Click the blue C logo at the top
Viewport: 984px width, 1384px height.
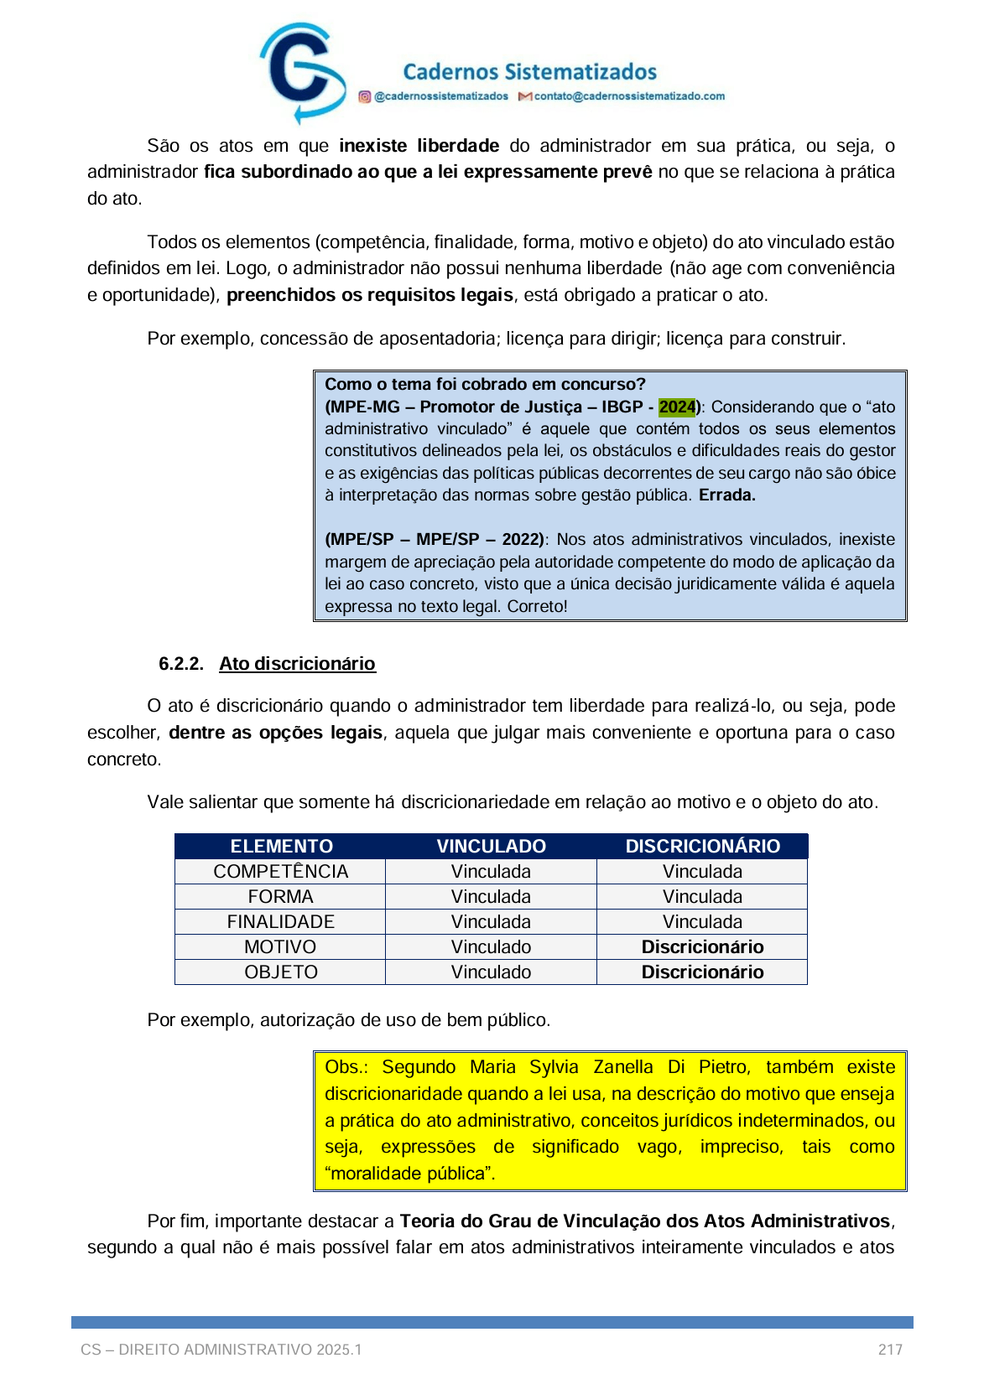click(x=300, y=72)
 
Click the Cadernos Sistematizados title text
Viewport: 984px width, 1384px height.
click(x=529, y=72)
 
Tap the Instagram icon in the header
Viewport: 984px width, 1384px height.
click(x=365, y=96)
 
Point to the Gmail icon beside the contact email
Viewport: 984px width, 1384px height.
click(x=525, y=96)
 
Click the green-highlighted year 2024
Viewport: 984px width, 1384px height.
click(x=677, y=407)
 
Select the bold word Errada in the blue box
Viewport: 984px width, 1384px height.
click(x=726, y=495)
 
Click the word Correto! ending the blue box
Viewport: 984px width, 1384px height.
click(x=537, y=606)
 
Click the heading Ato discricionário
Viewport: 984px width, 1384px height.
click(x=297, y=663)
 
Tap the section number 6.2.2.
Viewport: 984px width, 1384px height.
click(x=181, y=664)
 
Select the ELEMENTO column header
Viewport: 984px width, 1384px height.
click(x=281, y=846)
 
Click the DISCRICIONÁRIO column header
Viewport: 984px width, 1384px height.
click(x=702, y=846)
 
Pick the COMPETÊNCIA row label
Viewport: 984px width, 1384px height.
click(x=280, y=871)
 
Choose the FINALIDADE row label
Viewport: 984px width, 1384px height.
click(x=280, y=921)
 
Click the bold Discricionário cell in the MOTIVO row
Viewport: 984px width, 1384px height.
click(x=702, y=946)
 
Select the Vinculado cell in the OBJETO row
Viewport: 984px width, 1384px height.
click(x=491, y=972)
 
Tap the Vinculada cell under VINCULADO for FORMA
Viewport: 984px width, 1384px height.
click(x=491, y=896)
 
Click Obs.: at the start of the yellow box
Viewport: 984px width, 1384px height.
click(x=346, y=1067)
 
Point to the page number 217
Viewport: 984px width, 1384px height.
click(x=890, y=1350)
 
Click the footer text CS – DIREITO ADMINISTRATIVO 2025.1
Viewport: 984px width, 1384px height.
click(x=221, y=1350)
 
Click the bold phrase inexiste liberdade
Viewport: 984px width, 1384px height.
click(x=419, y=146)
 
